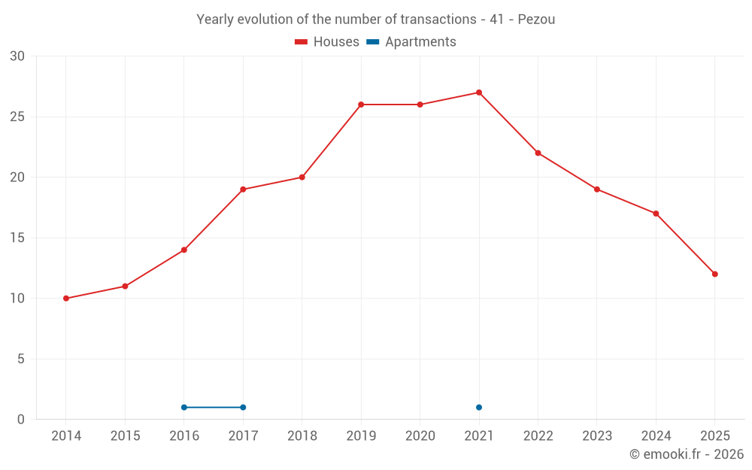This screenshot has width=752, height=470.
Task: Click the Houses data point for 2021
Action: [x=479, y=92]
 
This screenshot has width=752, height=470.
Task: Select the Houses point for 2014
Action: [x=66, y=299]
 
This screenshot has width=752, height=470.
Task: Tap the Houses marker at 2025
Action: [x=715, y=274]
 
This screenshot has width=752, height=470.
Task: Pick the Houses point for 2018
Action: [x=302, y=177]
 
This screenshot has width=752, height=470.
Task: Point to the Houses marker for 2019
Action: [x=361, y=105]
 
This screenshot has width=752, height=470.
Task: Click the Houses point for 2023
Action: [x=597, y=190]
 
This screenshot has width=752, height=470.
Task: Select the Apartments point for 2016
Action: [x=184, y=408]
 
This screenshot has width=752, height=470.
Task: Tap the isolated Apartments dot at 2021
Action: [x=479, y=408]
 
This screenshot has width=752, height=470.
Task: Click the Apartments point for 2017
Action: [x=243, y=408]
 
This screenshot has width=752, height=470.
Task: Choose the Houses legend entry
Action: [x=327, y=42]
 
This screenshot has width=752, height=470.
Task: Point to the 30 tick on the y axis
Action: [x=17, y=56]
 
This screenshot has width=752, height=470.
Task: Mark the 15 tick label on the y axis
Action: [x=17, y=238]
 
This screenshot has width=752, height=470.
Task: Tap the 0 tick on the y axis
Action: [x=21, y=420]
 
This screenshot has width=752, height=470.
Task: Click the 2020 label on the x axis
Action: [x=420, y=436]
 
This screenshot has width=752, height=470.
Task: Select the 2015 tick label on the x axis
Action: [x=125, y=436]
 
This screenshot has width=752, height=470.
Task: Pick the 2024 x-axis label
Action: [x=656, y=436]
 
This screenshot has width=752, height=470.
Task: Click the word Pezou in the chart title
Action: [x=536, y=20]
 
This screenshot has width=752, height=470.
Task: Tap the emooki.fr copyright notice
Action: [x=687, y=454]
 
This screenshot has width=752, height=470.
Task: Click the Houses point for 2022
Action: [x=538, y=153]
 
